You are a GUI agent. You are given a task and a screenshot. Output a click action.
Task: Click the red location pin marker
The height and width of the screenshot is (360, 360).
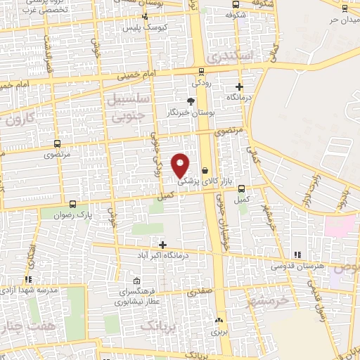point(181,165)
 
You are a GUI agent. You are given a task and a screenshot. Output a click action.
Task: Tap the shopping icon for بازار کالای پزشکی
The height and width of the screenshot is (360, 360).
point(205,170)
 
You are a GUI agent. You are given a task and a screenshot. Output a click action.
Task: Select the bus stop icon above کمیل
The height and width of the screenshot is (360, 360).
point(242,188)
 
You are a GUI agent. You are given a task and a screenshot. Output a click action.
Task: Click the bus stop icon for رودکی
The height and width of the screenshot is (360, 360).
point(202,71)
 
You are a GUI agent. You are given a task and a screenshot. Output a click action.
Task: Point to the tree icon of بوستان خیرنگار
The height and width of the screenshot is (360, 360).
point(191,101)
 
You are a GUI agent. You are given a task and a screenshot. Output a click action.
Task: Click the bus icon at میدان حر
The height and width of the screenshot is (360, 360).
point(344,8)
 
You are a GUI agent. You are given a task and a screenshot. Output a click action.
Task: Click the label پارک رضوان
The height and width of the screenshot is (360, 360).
point(75,213)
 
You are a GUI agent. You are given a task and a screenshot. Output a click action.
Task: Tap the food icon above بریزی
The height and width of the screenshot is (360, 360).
point(218,320)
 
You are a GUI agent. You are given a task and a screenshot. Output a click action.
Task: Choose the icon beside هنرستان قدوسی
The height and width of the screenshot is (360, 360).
point(297,254)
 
